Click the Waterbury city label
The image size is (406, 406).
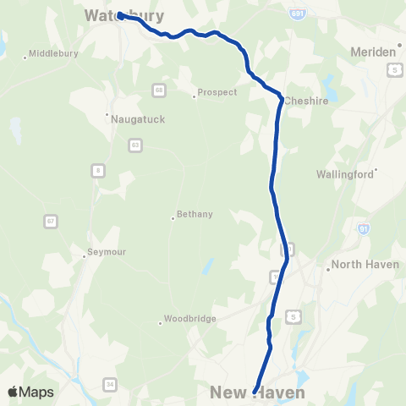point(124,15)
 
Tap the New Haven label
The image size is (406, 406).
point(258,392)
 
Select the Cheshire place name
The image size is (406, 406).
point(306,99)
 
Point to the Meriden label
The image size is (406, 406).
point(373,52)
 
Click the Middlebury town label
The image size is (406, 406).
point(53,53)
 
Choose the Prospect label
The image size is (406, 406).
point(217,92)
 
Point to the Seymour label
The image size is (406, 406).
point(106,252)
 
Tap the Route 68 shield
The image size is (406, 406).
point(159,89)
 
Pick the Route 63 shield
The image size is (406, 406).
point(135,145)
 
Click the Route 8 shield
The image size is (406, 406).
point(99,171)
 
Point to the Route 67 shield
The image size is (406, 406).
point(52,221)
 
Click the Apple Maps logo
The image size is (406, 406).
point(30,392)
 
